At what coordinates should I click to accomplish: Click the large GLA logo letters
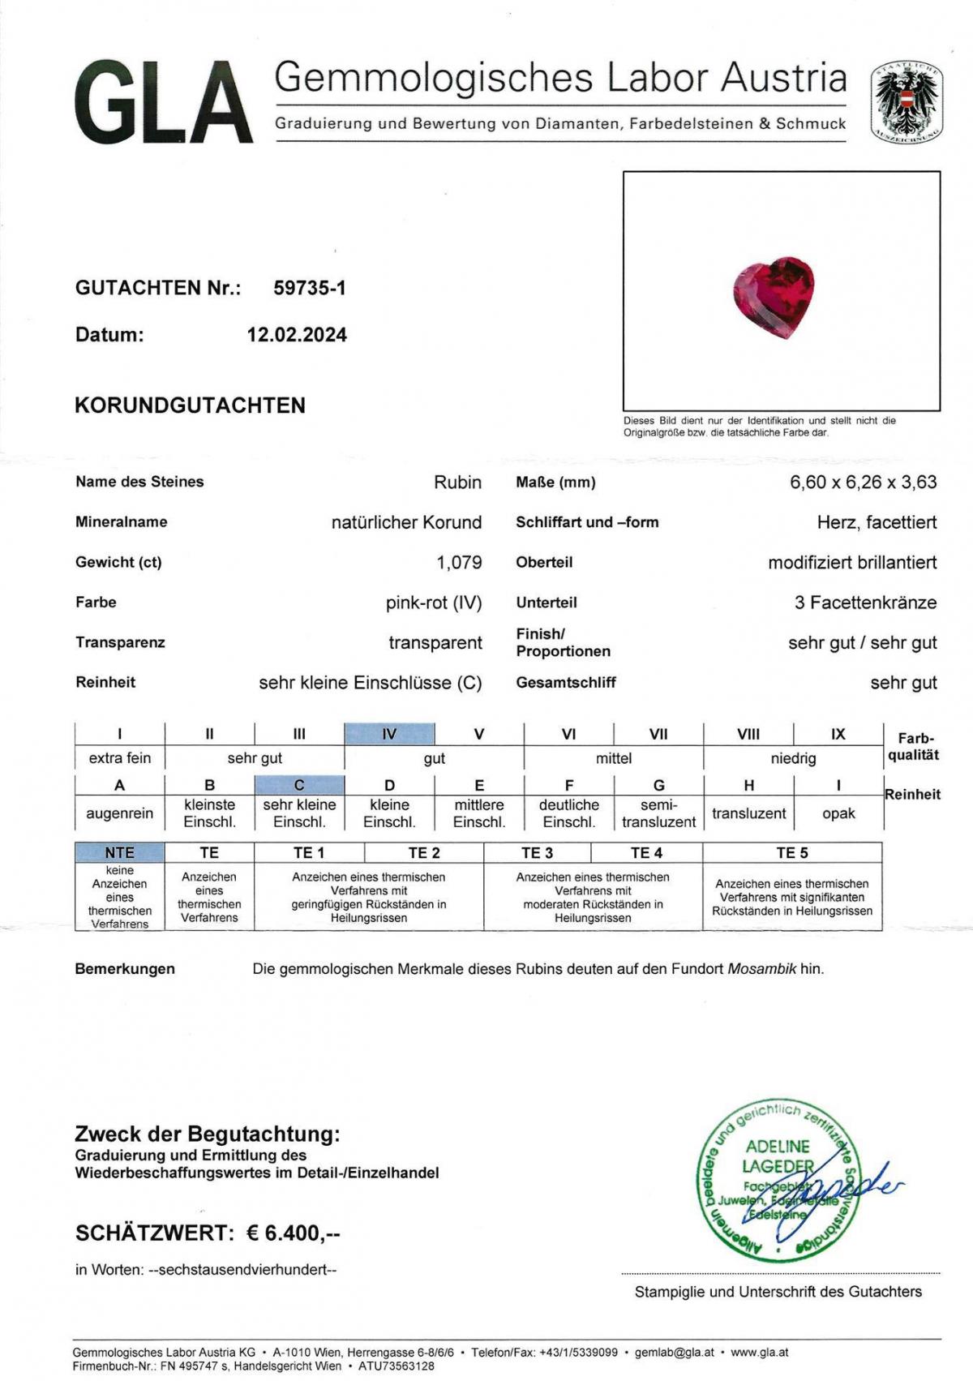point(162,104)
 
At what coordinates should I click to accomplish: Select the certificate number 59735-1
point(310,288)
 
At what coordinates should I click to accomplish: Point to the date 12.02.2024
point(297,335)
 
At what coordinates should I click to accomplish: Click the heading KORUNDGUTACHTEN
point(190,405)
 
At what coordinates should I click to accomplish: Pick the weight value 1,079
point(459,562)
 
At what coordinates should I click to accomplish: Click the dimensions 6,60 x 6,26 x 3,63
point(863,482)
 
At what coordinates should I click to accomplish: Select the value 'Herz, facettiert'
point(877,522)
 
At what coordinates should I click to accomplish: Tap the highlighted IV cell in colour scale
point(389,734)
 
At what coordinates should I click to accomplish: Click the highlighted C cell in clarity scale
point(299,785)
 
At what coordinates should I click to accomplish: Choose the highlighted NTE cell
point(119,852)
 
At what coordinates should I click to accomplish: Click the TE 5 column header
point(791,852)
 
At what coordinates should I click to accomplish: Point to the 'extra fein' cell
point(120,758)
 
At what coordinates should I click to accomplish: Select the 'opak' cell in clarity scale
point(838,813)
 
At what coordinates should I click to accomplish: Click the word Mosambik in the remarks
point(761,968)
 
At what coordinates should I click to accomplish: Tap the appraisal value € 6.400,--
point(294,1233)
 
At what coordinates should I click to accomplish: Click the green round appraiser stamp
point(776,1180)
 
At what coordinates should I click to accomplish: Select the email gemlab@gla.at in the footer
point(675,1352)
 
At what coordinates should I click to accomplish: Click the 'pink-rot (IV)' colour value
point(434,603)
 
